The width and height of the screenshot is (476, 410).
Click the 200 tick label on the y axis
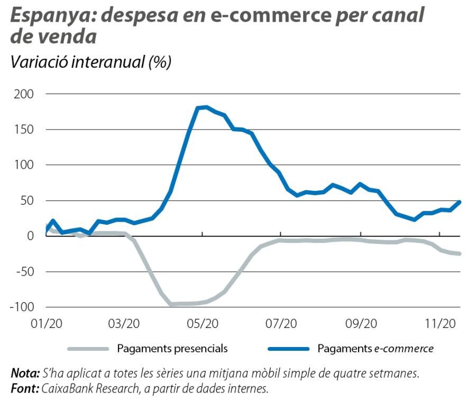point(23,94)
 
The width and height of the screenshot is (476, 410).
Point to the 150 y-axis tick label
point(23,130)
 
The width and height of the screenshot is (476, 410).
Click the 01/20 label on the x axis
point(47,324)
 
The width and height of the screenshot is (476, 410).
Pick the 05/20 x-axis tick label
point(203,324)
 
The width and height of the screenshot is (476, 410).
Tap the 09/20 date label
point(361,324)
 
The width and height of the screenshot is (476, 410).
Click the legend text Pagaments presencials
point(172,349)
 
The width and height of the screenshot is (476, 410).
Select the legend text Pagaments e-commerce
point(376,349)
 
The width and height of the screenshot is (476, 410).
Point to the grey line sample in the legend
point(88,349)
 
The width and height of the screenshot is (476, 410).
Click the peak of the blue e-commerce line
point(206,107)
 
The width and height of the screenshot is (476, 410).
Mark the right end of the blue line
point(459,202)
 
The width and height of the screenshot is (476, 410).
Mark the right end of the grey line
point(459,254)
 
